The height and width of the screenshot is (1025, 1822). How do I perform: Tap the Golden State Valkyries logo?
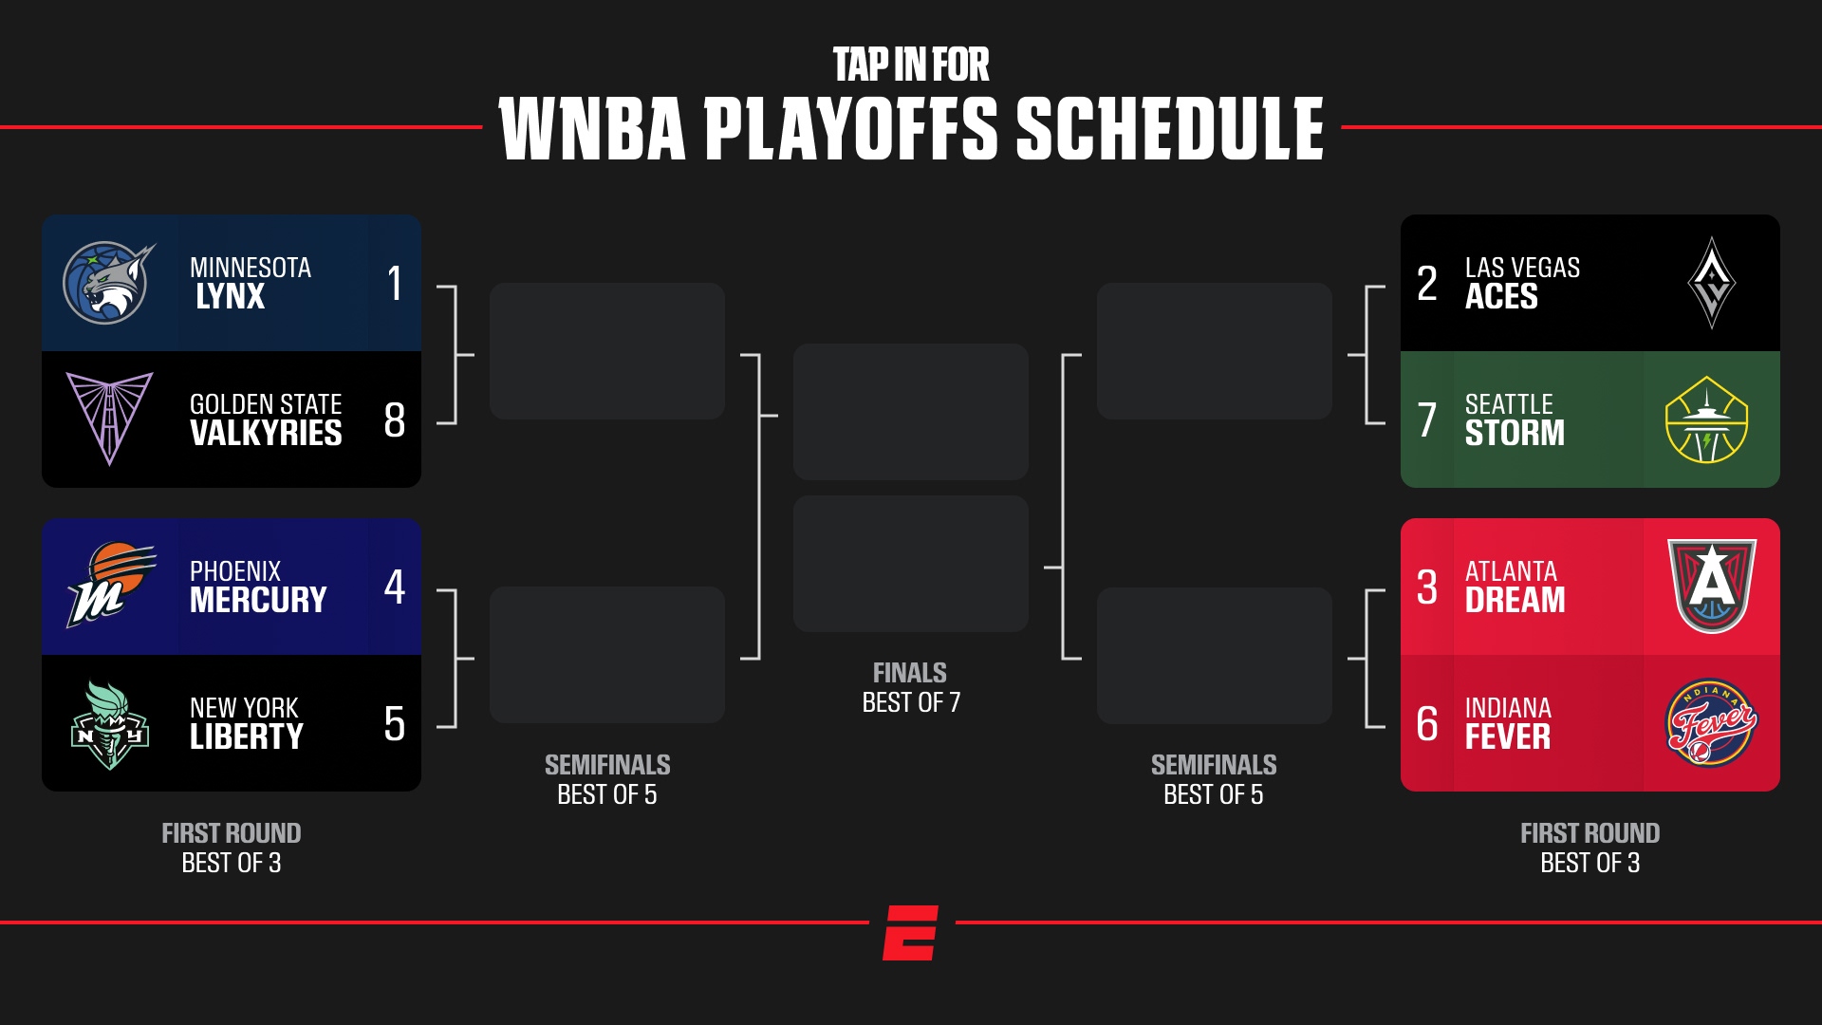(x=109, y=418)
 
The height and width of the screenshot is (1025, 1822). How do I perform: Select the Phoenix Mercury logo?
(x=110, y=585)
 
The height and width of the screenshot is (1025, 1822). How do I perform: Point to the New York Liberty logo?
(x=110, y=725)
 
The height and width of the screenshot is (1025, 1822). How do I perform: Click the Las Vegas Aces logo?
(x=1712, y=283)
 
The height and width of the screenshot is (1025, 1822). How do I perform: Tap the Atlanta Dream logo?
(x=1712, y=586)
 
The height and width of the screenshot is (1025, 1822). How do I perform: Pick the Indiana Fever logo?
(x=1711, y=724)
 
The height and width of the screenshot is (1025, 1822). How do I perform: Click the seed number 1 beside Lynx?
(x=395, y=283)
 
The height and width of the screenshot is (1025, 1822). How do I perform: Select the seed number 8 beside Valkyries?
(x=395, y=420)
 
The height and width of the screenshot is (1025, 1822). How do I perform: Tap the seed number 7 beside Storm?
(x=1426, y=420)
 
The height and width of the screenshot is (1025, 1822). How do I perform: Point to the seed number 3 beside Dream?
(x=1426, y=587)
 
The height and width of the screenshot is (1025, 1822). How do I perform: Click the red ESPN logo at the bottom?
(x=911, y=932)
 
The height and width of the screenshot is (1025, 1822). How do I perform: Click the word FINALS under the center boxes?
(x=909, y=673)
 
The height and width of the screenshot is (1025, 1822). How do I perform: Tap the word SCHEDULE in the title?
(x=1169, y=129)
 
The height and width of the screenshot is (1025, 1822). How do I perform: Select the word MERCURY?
(x=258, y=600)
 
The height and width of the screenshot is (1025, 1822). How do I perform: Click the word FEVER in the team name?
(x=1507, y=736)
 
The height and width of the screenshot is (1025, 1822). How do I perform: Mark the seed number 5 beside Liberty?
(x=395, y=724)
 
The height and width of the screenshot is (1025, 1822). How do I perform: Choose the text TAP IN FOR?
(x=911, y=65)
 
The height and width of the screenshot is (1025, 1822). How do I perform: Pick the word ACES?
(x=1500, y=296)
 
